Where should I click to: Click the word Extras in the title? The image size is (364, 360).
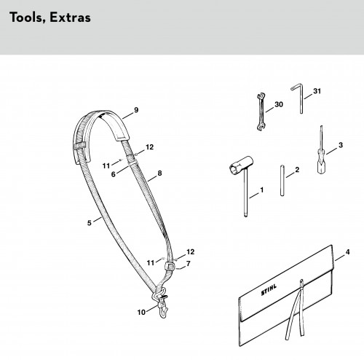[70, 17]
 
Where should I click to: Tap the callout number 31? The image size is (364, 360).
[317, 91]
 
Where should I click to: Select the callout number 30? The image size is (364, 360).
[279, 104]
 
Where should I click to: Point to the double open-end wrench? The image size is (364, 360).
[261, 111]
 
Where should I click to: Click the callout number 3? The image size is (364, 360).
[341, 145]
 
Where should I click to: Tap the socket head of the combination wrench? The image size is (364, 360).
[241, 165]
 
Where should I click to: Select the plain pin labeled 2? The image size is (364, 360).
[282, 181]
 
